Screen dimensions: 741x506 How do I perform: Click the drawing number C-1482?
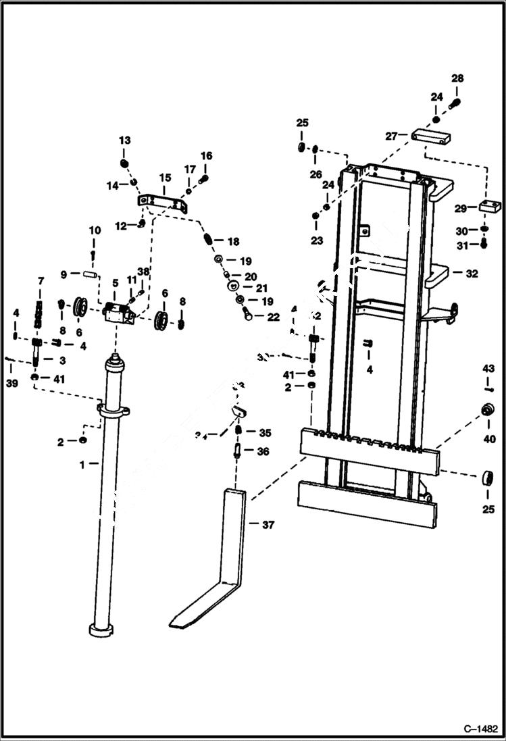coord(480,730)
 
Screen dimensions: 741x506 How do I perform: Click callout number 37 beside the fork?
coord(268,525)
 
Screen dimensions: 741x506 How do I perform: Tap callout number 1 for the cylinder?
coord(82,464)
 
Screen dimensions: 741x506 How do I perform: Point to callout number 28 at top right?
coord(457,79)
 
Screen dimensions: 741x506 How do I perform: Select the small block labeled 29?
coord(490,206)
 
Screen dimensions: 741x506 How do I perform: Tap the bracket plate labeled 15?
coord(163,201)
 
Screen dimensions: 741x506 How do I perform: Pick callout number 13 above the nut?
coord(124,140)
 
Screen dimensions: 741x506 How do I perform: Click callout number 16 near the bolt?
coord(206,156)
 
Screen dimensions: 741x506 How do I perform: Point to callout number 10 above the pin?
coord(95,230)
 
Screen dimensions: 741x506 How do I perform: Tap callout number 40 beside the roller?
coord(488,439)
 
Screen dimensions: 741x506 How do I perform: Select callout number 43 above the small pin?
coord(488,368)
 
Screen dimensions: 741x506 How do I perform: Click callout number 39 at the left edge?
coord(12,383)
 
